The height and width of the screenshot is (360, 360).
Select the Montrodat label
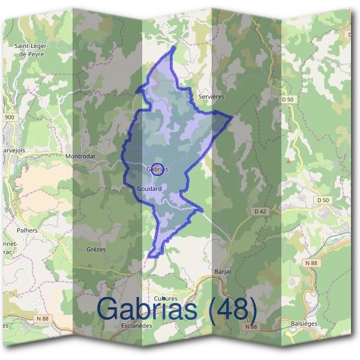(81, 156)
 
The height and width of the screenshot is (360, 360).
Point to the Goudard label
(149, 188)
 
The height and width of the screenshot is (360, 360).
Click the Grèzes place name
(96, 249)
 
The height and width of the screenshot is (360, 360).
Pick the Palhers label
(28, 230)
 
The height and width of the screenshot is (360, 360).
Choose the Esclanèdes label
(137, 326)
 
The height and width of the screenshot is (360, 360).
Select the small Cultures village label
(166, 298)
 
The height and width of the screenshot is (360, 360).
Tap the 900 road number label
(8, 117)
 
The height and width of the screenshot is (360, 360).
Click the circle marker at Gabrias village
(157, 169)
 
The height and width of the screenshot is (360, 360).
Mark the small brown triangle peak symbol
(289, 160)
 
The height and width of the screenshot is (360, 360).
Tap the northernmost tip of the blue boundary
(174, 47)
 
